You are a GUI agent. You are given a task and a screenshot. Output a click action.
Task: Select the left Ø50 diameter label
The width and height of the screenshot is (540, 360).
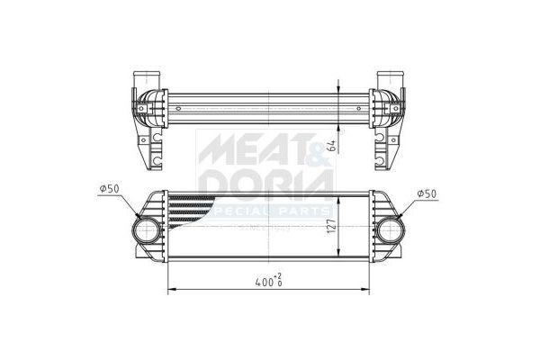point(108,188)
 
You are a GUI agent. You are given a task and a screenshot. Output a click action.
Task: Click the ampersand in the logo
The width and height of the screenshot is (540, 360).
point(318,149)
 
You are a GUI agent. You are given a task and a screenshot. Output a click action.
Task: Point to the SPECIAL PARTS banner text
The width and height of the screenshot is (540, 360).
point(270,211)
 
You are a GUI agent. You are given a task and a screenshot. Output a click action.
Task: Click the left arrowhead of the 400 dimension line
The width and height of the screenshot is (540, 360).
point(170,290)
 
